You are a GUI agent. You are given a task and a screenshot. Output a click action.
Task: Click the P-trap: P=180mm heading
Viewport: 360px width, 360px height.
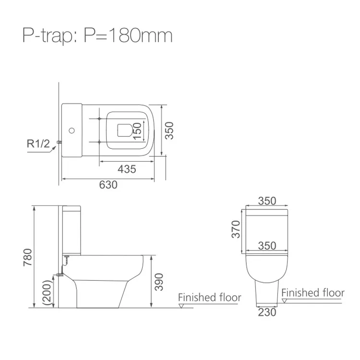97,36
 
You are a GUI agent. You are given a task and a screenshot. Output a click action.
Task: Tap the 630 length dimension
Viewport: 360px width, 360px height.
108,185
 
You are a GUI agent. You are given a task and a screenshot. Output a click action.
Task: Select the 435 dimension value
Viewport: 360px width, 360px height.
127,169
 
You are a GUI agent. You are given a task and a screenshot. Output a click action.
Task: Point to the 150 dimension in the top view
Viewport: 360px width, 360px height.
137,131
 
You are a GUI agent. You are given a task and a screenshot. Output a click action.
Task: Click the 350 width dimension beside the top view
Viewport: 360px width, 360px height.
169,131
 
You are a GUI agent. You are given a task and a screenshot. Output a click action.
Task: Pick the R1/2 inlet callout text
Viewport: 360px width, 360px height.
38,144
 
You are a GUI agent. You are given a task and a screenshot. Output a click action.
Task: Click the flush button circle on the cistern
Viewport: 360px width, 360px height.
72,131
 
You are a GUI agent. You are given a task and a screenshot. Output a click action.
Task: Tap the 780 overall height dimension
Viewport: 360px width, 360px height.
27,257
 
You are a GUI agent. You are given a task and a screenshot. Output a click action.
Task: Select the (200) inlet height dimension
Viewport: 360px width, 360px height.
48,292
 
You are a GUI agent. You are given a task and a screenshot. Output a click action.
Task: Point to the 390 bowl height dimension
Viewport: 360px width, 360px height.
159,282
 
